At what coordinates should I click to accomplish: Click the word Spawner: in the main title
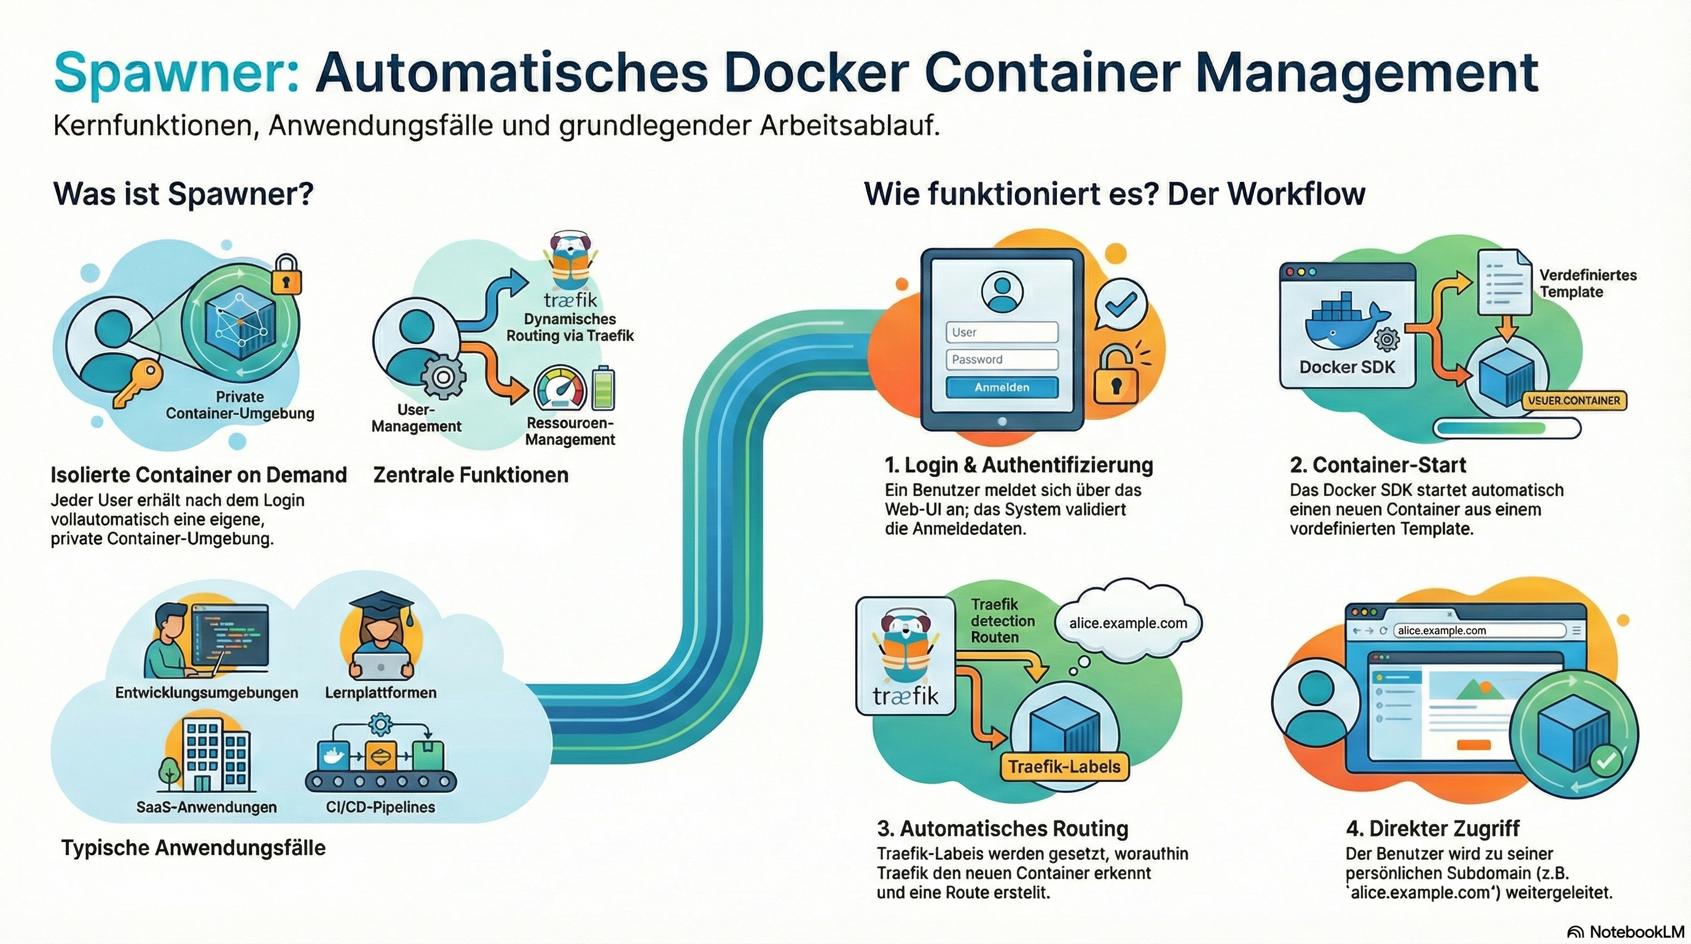coord(176,74)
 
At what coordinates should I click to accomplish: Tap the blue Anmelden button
coord(1002,387)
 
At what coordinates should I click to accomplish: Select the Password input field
coord(1002,359)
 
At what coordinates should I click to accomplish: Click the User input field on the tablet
coord(1002,332)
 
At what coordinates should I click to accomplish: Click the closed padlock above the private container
coord(286,274)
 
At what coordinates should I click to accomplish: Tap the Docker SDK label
coord(1347,367)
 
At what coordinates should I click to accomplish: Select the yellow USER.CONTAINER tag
coord(1574,401)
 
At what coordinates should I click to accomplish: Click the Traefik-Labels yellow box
coord(1064,767)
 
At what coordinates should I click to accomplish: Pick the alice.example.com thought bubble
coord(1128,623)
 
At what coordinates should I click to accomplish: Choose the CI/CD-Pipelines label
coord(381,807)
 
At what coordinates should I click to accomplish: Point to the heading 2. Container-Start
coord(1377,465)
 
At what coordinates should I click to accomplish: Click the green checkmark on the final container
coord(1606,761)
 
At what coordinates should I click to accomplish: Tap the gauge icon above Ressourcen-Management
coord(560,388)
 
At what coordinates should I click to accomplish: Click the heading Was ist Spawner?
coord(183,194)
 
